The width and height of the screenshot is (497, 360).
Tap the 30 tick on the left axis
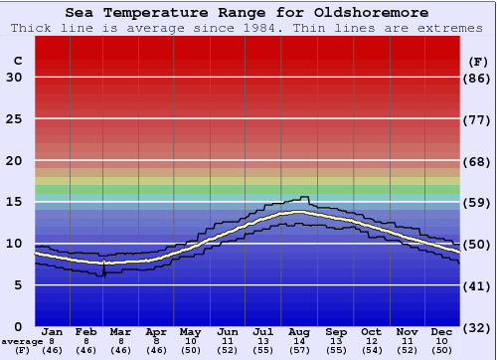coord(14,78)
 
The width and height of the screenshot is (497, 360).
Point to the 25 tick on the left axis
coord(14,118)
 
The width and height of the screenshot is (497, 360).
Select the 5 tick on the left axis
coord(18,285)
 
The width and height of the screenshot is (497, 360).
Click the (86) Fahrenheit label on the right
coord(478,78)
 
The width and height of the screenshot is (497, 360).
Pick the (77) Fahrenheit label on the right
coord(478,118)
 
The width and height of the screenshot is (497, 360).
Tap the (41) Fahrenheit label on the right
coord(478,285)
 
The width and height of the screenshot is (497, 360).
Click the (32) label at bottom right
coord(478,327)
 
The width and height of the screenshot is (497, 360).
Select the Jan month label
coord(53,331)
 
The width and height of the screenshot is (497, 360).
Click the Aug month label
coord(300,331)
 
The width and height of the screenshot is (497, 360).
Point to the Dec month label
coord(442,331)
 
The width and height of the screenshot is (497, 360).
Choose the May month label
coord(191,331)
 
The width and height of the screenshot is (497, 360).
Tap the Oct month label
coord(372,331)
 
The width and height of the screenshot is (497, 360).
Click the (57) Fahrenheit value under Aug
coord(300,351)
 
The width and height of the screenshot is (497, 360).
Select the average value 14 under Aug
coord(300,341)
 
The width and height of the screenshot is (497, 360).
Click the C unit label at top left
coord(17,62)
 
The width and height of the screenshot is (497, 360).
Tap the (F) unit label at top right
coord(478,62)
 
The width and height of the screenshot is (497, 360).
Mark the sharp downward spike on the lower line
coord(103,273)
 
